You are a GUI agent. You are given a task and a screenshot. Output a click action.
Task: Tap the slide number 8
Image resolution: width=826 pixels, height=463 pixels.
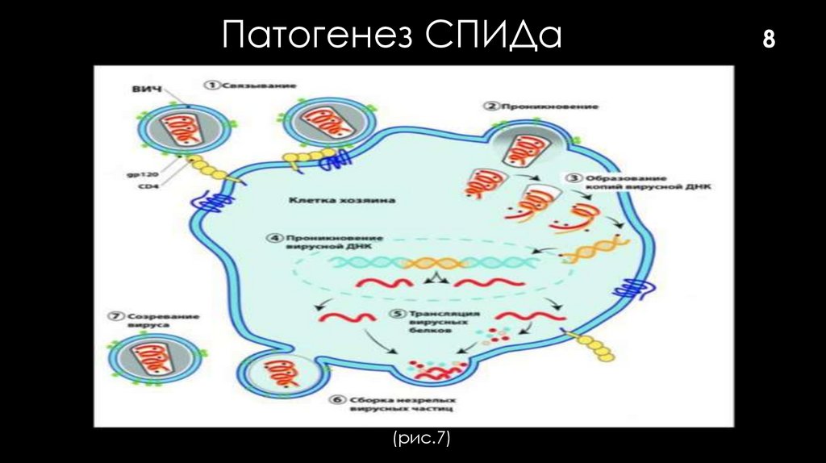click(768, 39)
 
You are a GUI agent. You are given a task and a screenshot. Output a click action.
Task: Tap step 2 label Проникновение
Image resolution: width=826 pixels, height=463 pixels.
click(543, 106)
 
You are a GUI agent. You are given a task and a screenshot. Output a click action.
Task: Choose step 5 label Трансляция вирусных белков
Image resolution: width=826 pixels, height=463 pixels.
click(435, 321)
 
